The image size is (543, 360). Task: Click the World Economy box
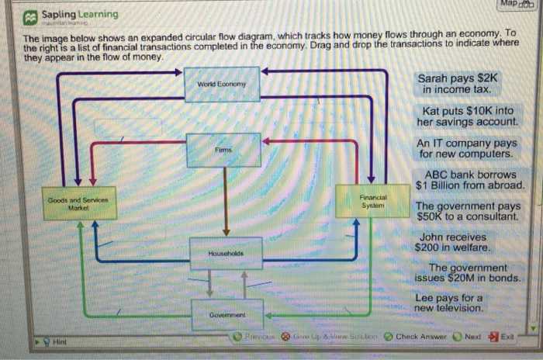221,84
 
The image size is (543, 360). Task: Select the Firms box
224,148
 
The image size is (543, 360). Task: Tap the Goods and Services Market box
79,203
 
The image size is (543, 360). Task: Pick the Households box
225,254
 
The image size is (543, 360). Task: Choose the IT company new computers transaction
466,148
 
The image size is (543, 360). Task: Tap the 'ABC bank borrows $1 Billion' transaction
470,180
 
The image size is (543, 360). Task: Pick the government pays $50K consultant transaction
468,211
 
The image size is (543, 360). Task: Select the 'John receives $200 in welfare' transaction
455,242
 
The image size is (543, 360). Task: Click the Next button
468,337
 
